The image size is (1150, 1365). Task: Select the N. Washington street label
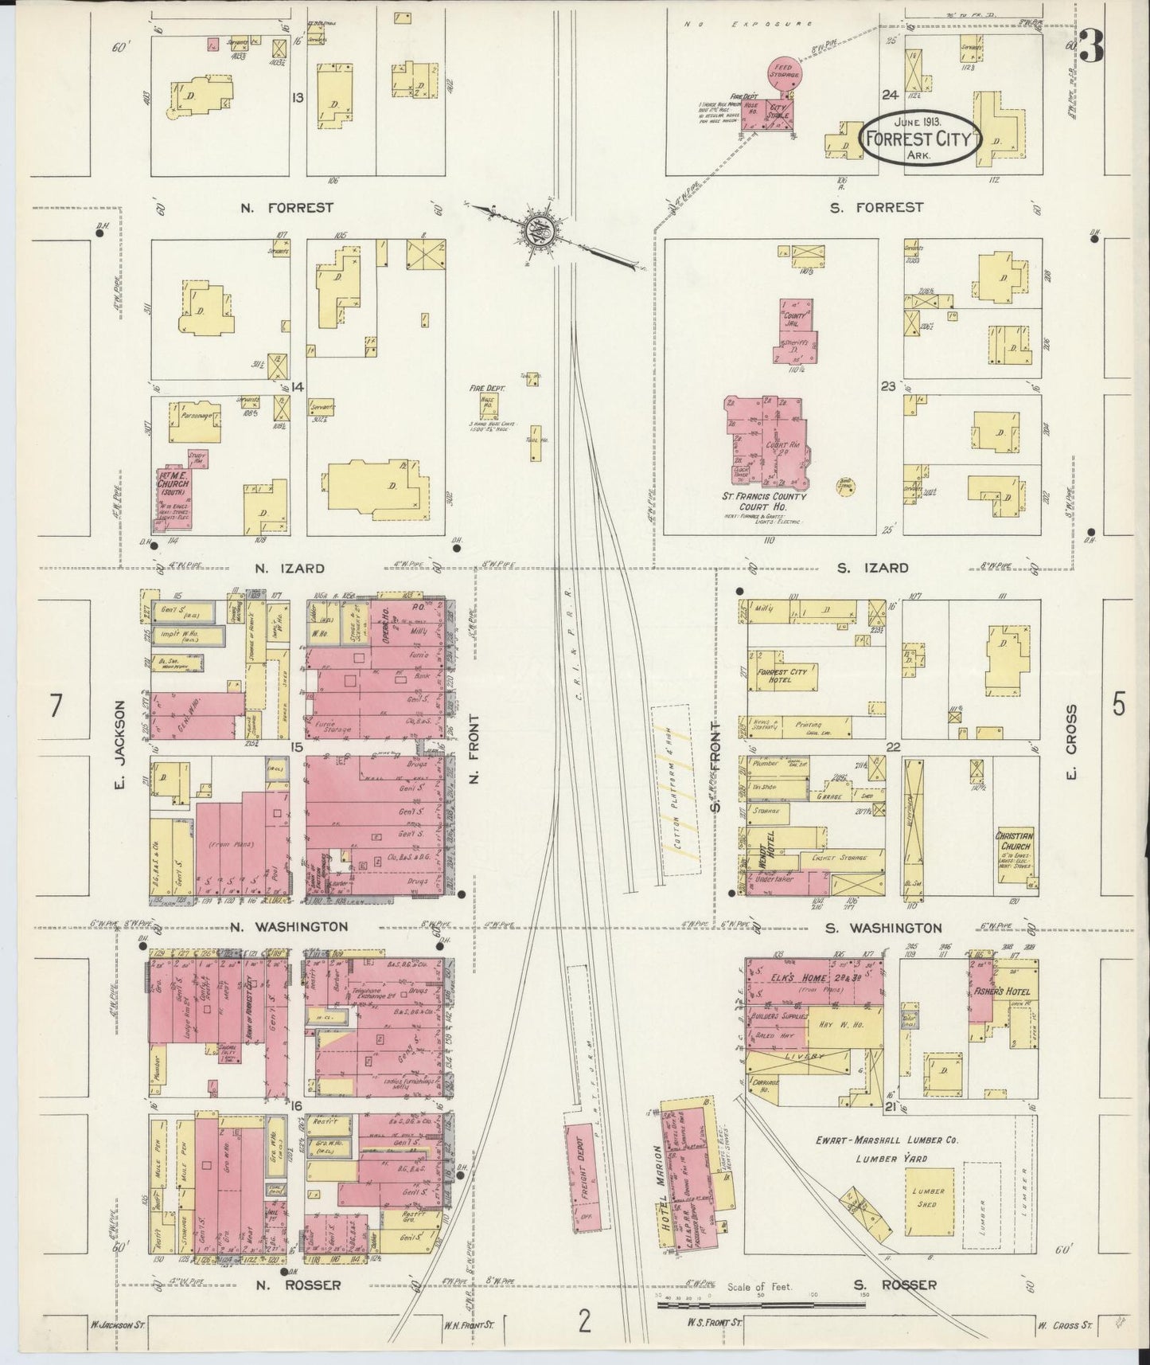(x=290, y=927)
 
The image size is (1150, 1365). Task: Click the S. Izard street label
(x=872, y=568)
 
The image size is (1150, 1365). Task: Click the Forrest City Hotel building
(x=783, y=677)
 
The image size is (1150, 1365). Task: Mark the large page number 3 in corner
(x=1092, y=49)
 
